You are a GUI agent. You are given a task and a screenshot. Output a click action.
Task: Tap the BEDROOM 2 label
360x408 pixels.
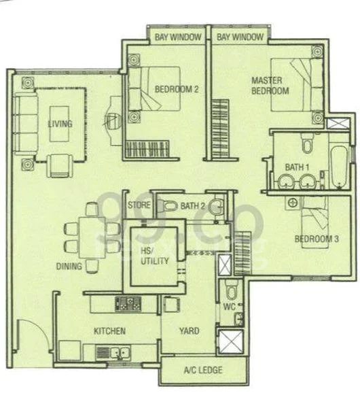(x=176, y=88)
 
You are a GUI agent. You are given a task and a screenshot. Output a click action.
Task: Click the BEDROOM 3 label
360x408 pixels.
(x=317, y=239)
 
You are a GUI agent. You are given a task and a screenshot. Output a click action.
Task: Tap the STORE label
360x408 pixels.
(x=139, y=205)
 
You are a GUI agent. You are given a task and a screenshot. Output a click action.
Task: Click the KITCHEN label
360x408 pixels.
(x=109, y=331)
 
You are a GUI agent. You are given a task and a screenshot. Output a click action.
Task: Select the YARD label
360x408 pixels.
(x=189, y=331)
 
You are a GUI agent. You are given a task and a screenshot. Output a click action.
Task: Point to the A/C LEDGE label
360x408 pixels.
(x=200, y=371)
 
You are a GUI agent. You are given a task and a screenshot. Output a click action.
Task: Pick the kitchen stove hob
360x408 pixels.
(x=128, y=303)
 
